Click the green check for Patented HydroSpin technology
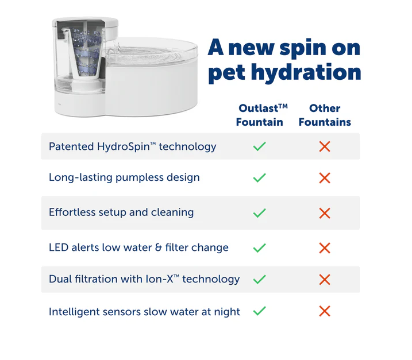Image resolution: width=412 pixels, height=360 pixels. [259, 146]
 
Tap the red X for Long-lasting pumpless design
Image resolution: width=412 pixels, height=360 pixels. [325, 178]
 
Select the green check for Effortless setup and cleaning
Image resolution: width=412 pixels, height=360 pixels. [259, 212]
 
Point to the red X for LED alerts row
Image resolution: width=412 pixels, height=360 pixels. [325, 248]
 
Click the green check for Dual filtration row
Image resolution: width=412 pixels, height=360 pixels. [259, 279]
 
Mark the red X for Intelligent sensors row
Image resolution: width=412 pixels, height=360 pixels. [325, 311]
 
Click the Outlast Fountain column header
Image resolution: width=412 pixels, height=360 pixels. [261, 115]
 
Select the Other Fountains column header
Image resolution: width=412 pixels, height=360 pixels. [325, 115]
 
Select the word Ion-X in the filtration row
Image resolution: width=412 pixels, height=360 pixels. [163, 279]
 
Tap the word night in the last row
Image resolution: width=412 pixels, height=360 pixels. [227, 312]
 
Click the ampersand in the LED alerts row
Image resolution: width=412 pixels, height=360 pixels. [158, 247]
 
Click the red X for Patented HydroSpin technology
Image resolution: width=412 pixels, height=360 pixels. [325, 146]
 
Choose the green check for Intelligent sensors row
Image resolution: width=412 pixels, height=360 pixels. [259, 311]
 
